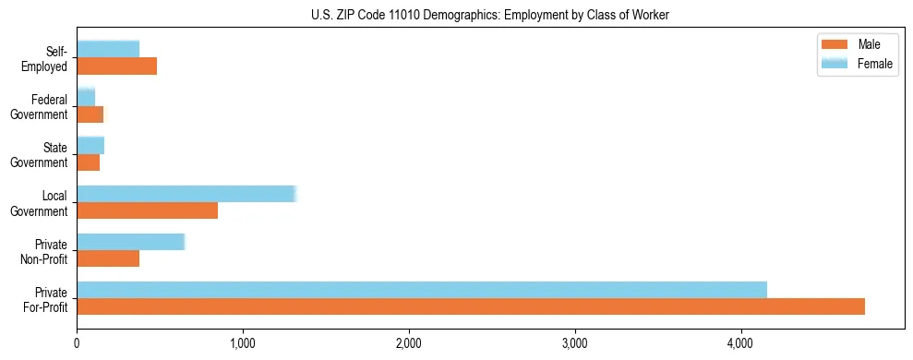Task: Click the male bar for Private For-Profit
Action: pyautogui.click(x=471, y=306)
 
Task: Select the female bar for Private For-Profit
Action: pyautogui.click(x=422, y=290)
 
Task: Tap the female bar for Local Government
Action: pyautogui.click(x=186, y=194)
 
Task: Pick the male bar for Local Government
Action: pyautogui.click(x=147, y=210)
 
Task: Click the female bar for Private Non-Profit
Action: pyautogui.click(x=130, y=242)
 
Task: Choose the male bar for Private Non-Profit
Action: pyautogui.click(x=108, y=258)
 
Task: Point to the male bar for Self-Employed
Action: pyautogui.click(x=116, y=66)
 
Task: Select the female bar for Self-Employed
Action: pyautogui.click(x=108, y=50)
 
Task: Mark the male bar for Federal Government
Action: pyautogui.click(x=90, y=114)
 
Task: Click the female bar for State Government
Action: pyautogui.click(x=90, y=146)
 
